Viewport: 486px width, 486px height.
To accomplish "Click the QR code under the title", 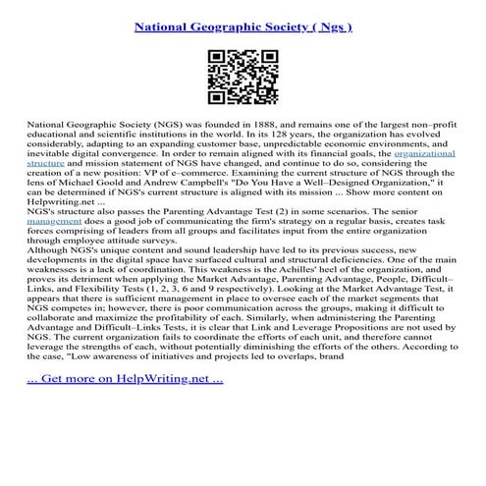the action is (243, 79).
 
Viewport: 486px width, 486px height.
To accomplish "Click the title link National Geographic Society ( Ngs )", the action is (243, 20).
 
